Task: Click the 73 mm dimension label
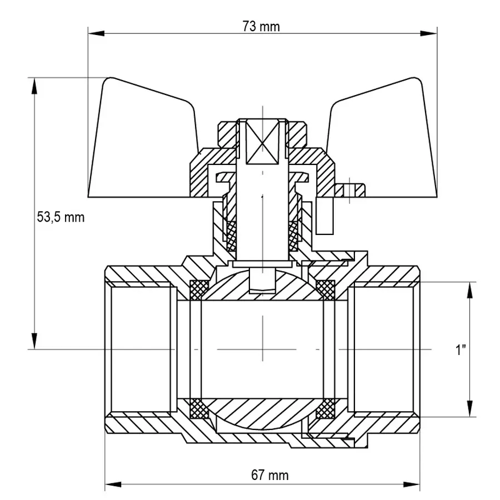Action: [x=262, y=27]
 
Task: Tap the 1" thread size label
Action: [x=461, y=350]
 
